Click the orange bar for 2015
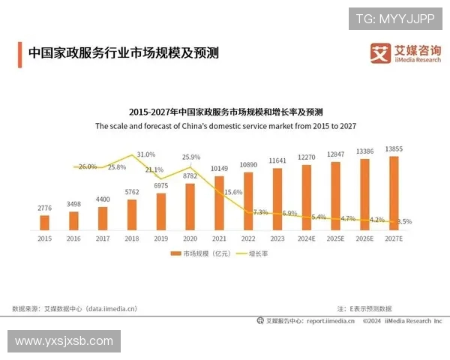[44, 222]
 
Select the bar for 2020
[190, 205]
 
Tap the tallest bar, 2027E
[394, 192]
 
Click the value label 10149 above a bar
[219, 168]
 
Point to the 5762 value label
[132, 192]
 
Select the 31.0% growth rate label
[145, 154]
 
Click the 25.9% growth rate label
[191, 157]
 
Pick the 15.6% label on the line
[233, 192]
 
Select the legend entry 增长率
[256, 254]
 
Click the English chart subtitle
[225, 126]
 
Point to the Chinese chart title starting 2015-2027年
[225, 112]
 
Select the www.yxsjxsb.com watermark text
[63, 341]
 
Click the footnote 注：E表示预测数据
[364, 308]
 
